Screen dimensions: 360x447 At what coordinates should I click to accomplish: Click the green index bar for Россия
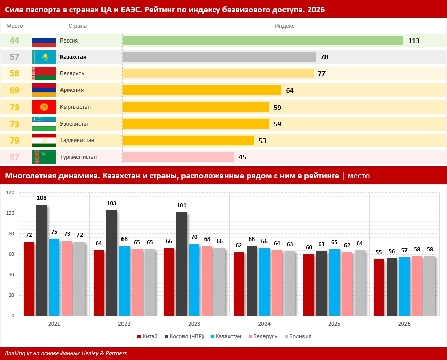pos(262,41)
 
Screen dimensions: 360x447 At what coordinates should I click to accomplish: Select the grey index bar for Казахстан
pos(219,57)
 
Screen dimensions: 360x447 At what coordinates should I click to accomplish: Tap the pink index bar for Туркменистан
pos(178,157)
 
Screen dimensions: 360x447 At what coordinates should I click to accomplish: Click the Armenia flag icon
pos(44,90)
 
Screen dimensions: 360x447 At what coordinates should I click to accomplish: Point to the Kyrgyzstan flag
pos(44,107)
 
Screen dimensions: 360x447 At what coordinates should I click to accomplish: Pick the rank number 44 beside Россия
pos(14,41)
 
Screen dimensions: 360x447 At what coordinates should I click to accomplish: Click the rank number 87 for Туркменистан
pos(14,157)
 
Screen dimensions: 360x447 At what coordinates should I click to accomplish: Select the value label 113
pos(414,41)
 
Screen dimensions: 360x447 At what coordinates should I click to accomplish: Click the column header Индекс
pos(285,26)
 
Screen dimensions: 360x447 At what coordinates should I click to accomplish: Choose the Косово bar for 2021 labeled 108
pos(42,261)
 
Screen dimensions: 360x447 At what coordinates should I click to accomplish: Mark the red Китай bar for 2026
pos(379,288)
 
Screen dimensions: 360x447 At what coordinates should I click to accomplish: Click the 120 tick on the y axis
pos(10,193)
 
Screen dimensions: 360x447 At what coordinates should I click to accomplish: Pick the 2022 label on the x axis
pos(124,324)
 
